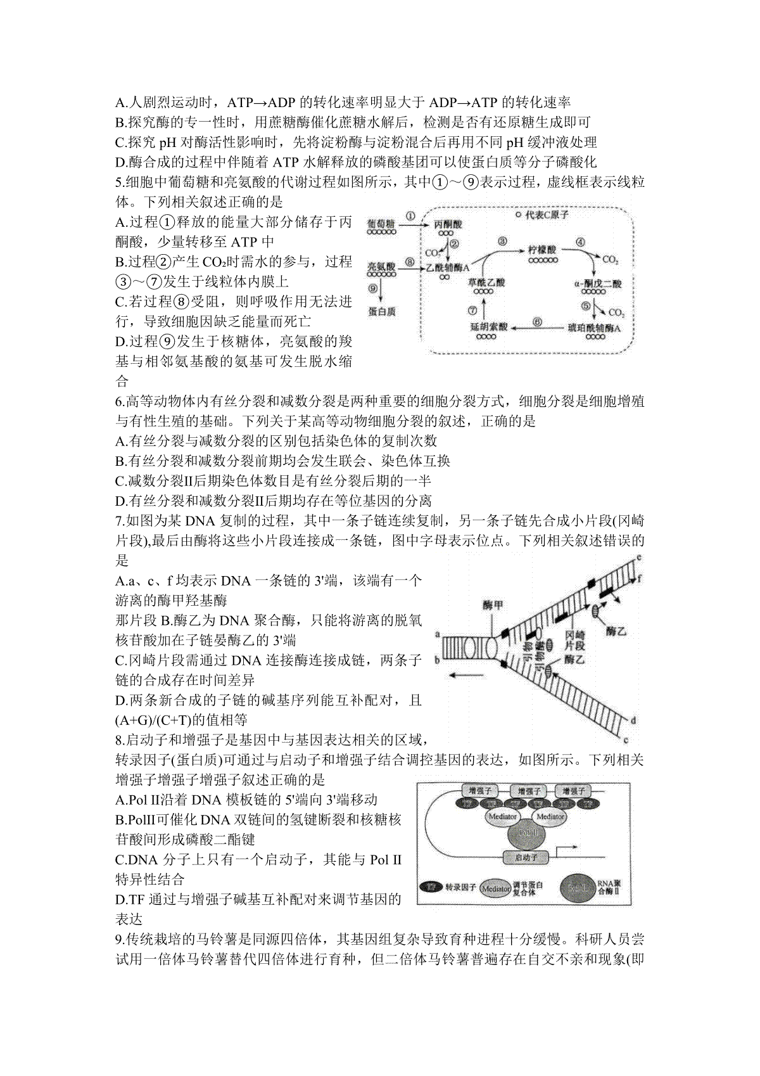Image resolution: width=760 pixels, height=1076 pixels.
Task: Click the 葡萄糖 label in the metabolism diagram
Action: point(381,224)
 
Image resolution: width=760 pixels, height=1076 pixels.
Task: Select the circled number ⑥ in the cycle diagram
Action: point(537,322)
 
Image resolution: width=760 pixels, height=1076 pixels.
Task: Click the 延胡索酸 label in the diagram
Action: point(485,327)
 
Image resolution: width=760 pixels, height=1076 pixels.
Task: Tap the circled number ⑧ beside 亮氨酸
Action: point(409,262)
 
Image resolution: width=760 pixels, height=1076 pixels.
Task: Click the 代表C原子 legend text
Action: point(547,215)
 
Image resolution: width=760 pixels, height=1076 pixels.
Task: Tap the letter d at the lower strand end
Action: point(633,720)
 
